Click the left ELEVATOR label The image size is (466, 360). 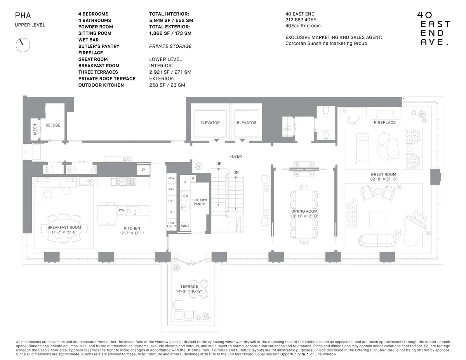pyautogui.click(x=210, y=123)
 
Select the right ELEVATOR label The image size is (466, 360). pyautogui.click(x=247, y=123)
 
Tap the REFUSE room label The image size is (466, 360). pyautogui.click(x=53, y=125)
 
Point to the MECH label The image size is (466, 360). pyautogui.click(x=35, y=129)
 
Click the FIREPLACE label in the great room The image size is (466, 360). pyautogui.click(x=384, y=122)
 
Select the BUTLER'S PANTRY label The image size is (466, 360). pyautogui.click(x=200, y=202)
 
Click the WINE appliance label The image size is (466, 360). pyautogui.click(x=185, y=226)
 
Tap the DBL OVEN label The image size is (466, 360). pyautogui.click(x=171, y=224)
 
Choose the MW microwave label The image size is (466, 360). pyautogui.click(x=171, y=178)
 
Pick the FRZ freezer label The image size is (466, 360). pyautogui.click(x=171, y=189)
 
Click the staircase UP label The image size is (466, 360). pyautogui.click(x=219, y=163)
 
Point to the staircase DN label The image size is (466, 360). pyautogui.click(x=236, y=172)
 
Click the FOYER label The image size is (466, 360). pyautogui.click(x=235, y=157)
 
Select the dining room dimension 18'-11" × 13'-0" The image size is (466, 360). pyautogui.click(x=304, y=216)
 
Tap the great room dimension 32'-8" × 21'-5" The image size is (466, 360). pyautogui.click(x=383, y=179)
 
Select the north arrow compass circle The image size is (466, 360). pyautogui.click(x=23, y=45)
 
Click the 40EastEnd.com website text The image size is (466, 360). pyautogui.click(x=303, y=26)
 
